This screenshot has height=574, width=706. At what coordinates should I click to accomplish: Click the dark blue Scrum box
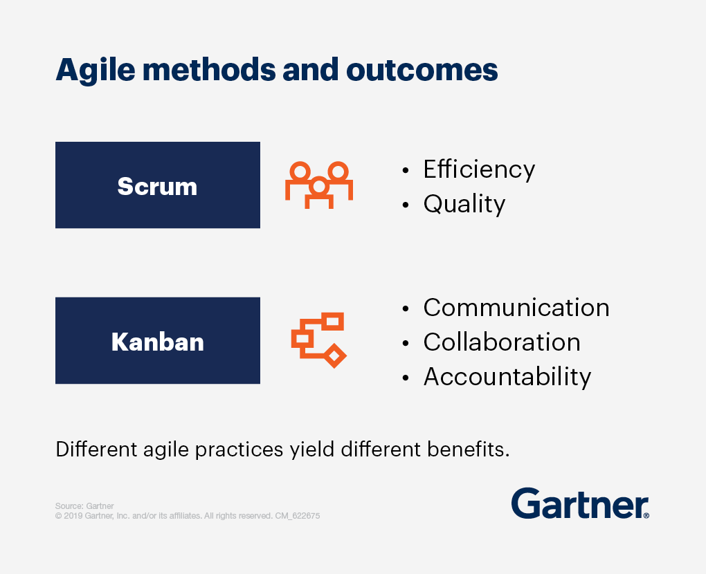click(x=157, y=185)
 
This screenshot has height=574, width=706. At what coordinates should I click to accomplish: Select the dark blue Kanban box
click(x=157, y=341)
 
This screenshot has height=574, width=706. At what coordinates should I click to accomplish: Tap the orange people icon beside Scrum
click(x=319, y=185)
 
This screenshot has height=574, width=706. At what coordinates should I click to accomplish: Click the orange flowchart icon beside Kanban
click(x=318, y=340)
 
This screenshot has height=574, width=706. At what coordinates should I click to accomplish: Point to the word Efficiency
click(x=479, y=169)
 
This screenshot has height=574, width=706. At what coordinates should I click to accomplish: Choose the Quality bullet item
click(x=464, y=204)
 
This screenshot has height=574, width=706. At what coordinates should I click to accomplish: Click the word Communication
click(x=516, y=308)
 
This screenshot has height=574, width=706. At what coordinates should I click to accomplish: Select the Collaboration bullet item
click(x=502, y=342)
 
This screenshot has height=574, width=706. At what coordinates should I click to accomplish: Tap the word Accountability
click(x=507, y=377)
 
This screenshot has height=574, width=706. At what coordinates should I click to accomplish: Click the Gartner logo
click(x=580, y=503)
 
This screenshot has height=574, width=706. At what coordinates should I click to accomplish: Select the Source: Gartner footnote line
click(x=84, y=506)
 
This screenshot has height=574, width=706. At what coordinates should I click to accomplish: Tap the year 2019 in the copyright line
click(x=73, y=516)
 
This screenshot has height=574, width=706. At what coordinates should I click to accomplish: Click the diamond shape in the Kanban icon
click(x=336, y=356)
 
